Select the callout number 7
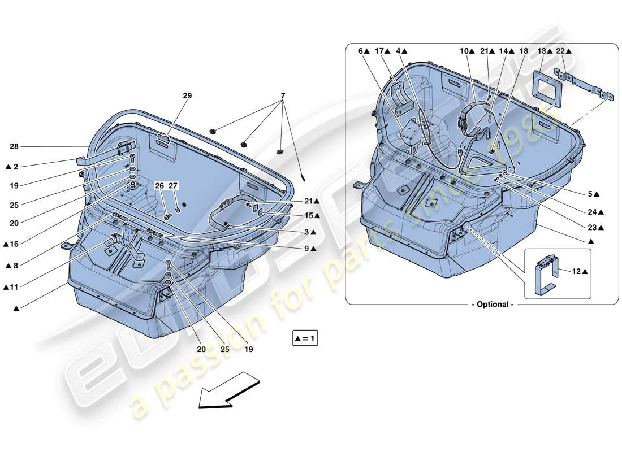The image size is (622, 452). point(282,96)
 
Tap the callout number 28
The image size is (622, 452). point(15,147)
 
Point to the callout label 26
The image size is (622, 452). point(159,186)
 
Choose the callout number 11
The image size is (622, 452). point(14,288)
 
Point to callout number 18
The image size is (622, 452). point(524,51)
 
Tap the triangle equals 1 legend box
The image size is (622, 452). point(306,339)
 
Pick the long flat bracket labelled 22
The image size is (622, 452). point(585,84)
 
